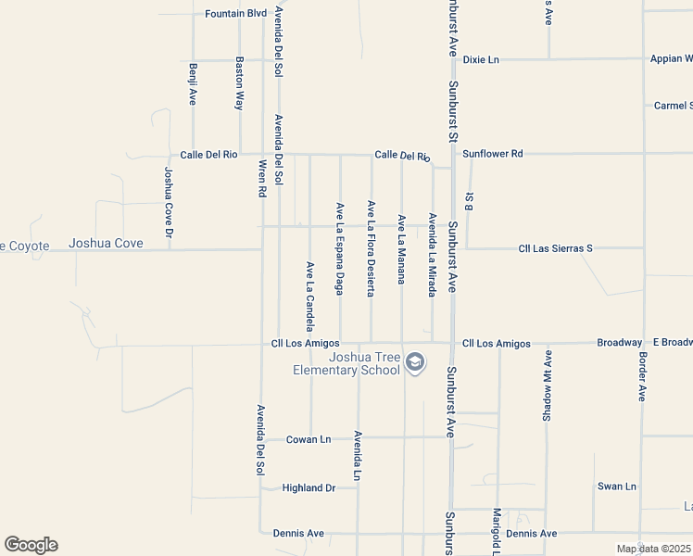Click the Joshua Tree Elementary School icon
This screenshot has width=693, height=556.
point(415,362)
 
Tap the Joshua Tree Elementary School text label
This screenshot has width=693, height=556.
point(346,363)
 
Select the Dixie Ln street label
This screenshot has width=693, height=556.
point(481,59)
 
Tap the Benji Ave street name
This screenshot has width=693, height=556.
point(193,83)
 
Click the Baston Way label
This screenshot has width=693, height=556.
point(239,83)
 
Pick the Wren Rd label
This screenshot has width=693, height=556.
point(262,177)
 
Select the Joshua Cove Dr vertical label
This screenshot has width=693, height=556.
point(169,202)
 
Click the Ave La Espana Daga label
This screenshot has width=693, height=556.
point(340,248)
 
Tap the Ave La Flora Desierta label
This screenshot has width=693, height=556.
point(371,247)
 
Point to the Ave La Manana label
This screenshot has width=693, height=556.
point(401,248)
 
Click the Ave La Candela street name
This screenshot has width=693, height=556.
point(309,295)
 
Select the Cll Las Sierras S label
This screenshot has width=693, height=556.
point(555,248)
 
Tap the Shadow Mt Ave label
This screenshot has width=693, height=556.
point(548,385)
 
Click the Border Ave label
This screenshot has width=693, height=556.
point(641,376)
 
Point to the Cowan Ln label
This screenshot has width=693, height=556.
point(308,439)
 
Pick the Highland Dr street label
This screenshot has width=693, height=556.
point(309,487)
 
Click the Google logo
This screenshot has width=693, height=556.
point(31,545)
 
